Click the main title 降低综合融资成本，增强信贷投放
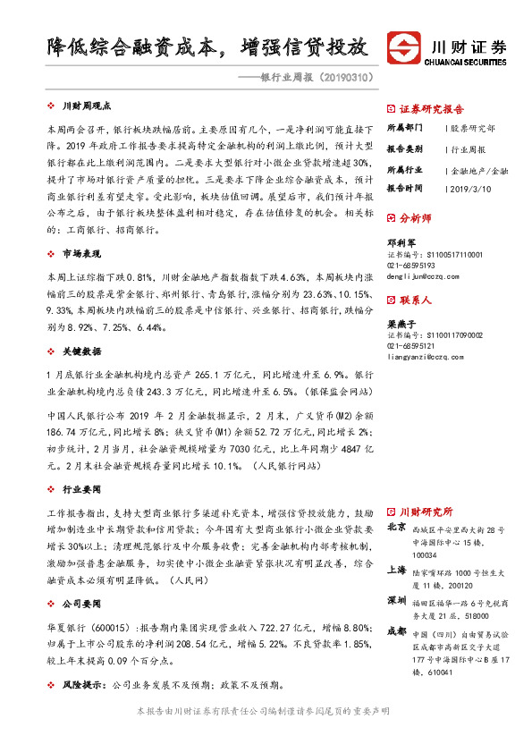click(x=207, y=47)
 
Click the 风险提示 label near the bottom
click(x=82, y=685)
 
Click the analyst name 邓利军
click(x=400, y=241)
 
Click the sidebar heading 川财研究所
click(x=426, y=512)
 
